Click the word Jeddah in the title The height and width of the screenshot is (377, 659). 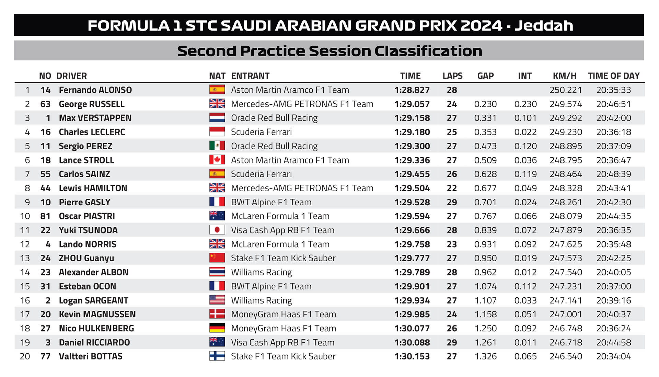click(x=544, y=25)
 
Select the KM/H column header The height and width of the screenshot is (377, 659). click(x=565, y=76)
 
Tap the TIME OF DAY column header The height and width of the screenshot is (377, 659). click(x=613, y=76)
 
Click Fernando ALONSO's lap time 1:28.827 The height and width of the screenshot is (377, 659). click(x=412, y=90)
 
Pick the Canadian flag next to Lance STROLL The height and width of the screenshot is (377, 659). click(x=217, y=160)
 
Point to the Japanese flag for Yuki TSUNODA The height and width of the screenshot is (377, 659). click(x=217, y=230)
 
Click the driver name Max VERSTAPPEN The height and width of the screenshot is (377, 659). click(x=95, y=118)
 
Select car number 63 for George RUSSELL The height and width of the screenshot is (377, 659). click(x=45, y=104)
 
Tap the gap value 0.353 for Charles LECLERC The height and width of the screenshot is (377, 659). click(x=485, y=132)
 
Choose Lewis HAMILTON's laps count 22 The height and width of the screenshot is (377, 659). click(x=452, y=188)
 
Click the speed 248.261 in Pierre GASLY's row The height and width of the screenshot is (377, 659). click(x=566, y=202)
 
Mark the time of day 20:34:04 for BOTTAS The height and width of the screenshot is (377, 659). click(x=613, y=356)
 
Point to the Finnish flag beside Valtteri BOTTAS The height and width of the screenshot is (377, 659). click(x=217, y=356)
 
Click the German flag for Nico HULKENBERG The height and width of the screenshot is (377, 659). click(x=217, y=328)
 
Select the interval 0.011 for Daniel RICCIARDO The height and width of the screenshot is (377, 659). click(x=525, y=342)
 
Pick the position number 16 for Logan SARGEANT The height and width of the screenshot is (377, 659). click(x=25, y=300)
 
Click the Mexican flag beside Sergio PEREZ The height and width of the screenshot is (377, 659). click(x=217, y=146)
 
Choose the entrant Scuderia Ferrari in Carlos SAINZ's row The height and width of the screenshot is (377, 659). click(x=261, y=174)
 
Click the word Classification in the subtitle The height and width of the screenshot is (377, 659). click(x=428, y=51)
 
